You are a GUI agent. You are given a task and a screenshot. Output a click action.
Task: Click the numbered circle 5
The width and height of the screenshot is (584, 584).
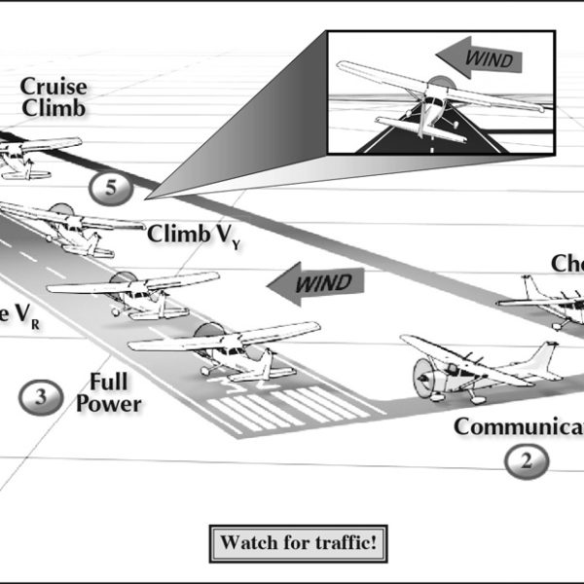(x=110, y=188)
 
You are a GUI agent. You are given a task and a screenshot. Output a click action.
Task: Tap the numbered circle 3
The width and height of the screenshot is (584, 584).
(x=40, y=395)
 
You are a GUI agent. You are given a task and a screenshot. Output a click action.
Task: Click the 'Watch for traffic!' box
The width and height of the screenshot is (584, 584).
(x=299, y=542)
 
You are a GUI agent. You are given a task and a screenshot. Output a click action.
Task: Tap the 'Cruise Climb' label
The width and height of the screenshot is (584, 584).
(x=54, y=97)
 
